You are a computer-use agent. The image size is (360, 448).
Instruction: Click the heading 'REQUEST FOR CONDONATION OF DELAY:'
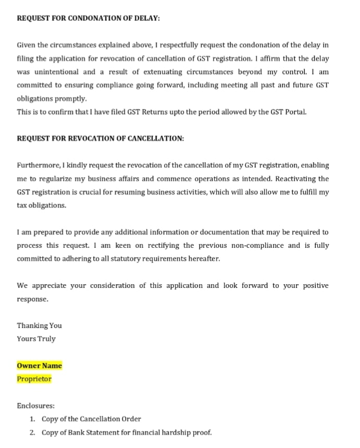coord(88,18)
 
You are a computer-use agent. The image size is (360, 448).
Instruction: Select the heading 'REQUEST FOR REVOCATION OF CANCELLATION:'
coord(100,139)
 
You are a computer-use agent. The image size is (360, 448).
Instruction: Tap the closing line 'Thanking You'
coord(39,325)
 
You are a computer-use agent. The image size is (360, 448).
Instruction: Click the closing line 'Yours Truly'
coord(36,339)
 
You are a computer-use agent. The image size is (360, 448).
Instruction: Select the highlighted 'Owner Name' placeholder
coord(39,366)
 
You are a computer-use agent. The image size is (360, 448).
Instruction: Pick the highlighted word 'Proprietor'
coord(34,379)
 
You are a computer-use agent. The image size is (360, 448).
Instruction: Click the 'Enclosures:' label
coord(35,406)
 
